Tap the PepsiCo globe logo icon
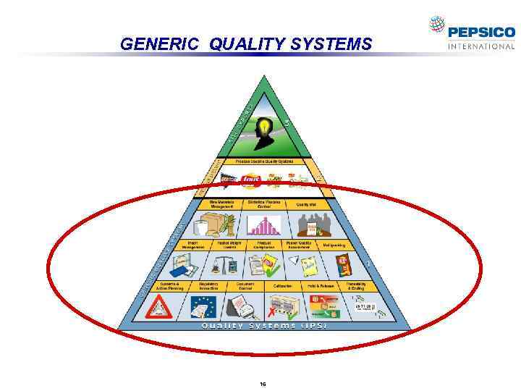pos(436,25)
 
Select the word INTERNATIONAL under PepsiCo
pos(481,46)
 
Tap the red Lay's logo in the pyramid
pos(252,179)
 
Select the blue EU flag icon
pos(203,308)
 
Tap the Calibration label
pos(283,285)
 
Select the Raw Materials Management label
pos(221,204)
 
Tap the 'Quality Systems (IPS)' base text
pos(264,326)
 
